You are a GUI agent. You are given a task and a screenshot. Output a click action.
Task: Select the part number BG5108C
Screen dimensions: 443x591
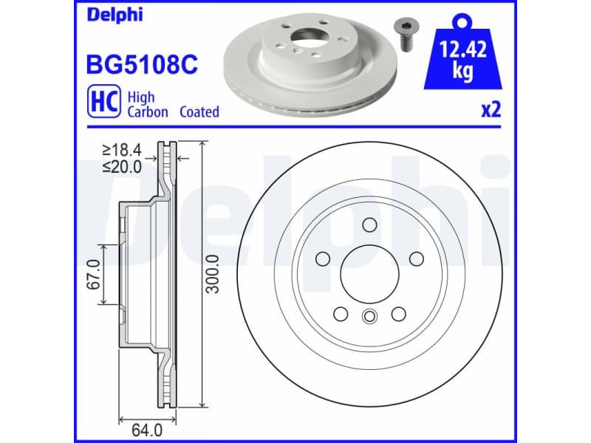(143, 66)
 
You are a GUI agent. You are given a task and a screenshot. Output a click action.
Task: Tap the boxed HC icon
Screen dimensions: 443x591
(103, 103)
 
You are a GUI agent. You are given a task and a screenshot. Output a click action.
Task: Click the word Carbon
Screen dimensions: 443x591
(148, 112)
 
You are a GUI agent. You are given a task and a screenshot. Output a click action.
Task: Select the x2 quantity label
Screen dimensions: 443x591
(491, 111)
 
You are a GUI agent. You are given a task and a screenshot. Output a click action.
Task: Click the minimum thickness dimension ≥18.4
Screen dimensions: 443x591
(122, 151)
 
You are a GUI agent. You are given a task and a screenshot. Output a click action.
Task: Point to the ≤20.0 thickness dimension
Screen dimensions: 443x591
(122, 166)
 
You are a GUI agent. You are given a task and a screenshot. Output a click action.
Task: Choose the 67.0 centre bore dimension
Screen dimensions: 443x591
(95, 272)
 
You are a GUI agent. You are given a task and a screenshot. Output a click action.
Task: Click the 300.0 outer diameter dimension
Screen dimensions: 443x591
(213, 273)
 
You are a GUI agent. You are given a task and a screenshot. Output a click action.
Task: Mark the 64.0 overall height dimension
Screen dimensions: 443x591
(147, 426)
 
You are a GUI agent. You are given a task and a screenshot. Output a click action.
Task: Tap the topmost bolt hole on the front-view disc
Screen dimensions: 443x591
(369, 225)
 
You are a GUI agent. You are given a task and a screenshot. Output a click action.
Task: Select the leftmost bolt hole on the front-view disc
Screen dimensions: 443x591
(323, 258)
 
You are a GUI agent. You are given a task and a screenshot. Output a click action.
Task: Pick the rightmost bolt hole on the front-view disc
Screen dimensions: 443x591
(416, 258)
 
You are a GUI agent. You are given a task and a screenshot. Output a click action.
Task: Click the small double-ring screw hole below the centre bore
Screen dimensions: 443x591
(369, 317)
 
